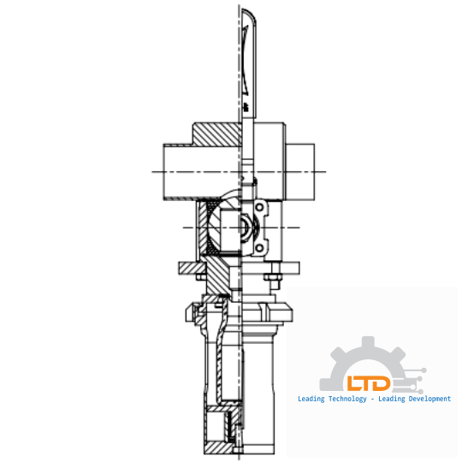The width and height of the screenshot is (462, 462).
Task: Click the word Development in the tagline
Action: pyautogui.click(x=423, y=399)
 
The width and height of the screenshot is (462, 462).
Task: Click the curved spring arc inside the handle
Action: pyautogui.click(x=246, y=60)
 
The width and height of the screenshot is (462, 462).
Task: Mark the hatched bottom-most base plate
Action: pyautogui.click(x=219, y=447)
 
